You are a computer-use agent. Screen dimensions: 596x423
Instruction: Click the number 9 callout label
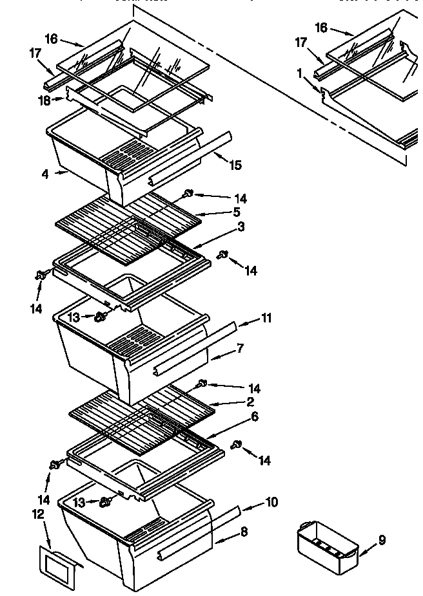click(x=382, y=539)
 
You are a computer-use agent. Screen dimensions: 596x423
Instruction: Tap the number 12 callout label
click(x=38, y=514)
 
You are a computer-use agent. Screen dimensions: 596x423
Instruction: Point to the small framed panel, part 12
click(x=57, y=566)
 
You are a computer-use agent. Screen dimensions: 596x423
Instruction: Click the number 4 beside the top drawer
click(x=45, y=174)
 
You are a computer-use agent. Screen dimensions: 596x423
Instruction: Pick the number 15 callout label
click(x=235, y=165)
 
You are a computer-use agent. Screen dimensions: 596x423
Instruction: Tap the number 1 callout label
click(x=300, y=73)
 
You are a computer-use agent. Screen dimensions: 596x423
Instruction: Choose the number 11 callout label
click(x=266, y=317)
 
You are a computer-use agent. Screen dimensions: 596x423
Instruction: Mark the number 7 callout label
click(x=240, y=348)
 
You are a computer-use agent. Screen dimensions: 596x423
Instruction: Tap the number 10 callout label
click(x=271, y=501)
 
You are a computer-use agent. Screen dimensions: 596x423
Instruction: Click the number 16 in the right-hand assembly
click(x=320, y=27)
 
